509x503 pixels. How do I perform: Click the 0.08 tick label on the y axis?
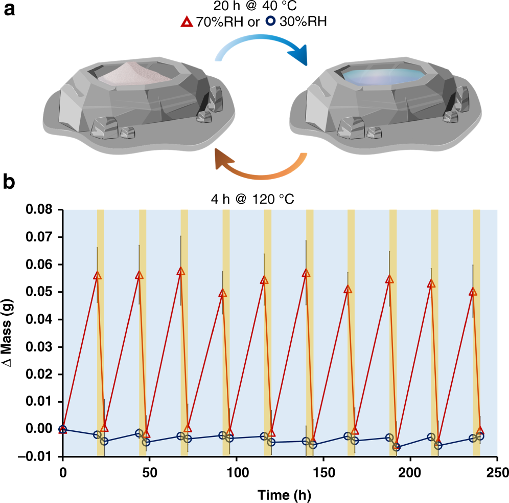click(x=44, y=210)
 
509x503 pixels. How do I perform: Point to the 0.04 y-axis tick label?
click(x=44, y=320)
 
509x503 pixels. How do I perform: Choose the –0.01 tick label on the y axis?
click(x=41, y=456)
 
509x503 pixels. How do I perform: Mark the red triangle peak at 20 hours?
click(x=98, y=275)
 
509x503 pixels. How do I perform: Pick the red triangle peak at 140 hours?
click(x=306, y=273)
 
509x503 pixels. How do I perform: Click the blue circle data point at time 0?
click(x=63, y=429)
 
